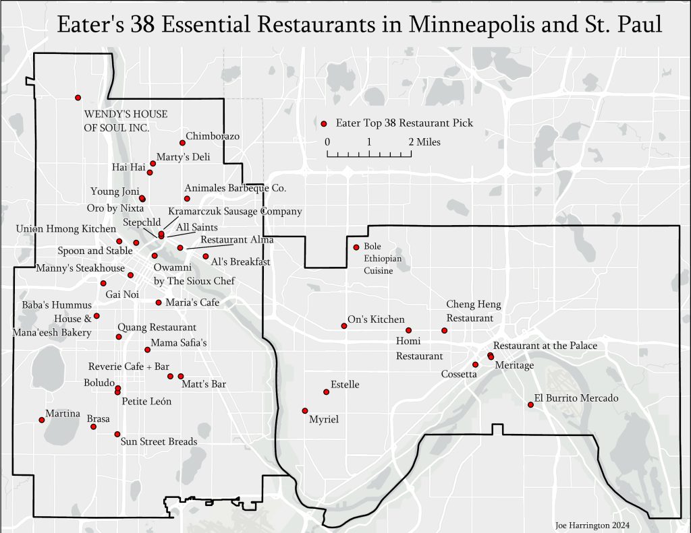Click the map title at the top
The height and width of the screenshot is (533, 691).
coord(359,25)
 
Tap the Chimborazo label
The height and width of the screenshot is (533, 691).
coord(213,136)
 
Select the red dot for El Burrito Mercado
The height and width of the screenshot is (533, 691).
coord(530,404)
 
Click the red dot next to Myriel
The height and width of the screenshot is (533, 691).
coord(305,410)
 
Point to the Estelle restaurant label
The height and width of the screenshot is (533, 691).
coord(345,385)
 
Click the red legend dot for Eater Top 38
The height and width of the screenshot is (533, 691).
coord(324,123)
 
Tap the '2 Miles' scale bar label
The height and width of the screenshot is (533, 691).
coord(424,142)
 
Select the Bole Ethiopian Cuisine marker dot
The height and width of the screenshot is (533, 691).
coord(356,247)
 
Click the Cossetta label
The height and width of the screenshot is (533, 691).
coord(459,374)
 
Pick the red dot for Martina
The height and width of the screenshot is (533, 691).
coord(42,420)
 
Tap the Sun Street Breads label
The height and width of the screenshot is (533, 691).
coord(159,442)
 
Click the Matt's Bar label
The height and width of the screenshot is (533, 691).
coord(204,385)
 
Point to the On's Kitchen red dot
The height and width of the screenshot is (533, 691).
coord(343,326)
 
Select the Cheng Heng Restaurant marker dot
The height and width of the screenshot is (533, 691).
coord(444,330)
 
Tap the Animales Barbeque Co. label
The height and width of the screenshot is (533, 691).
coord(235,188)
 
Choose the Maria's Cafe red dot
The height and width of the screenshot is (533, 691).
coord(159,302)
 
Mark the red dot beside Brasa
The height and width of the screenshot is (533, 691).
coord(94,427)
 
